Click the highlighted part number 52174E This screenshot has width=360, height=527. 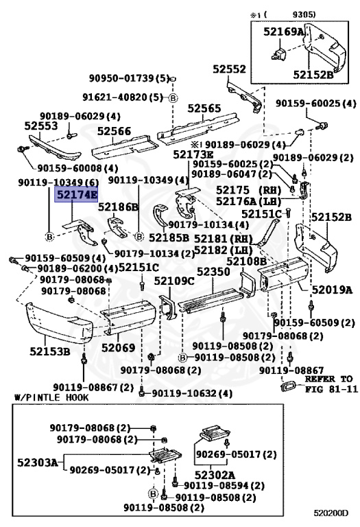pos(76,195)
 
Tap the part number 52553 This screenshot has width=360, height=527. pos(41,126)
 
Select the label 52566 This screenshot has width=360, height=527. pos(114,131)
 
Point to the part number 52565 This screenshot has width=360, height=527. pos(204,108)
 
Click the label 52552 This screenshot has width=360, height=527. pos(229,69)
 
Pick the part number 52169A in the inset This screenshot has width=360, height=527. pos(283,32)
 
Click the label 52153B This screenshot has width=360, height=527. pos(50,351)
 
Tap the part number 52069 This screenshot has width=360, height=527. pos(118,347)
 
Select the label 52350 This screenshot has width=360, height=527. pos(213,272)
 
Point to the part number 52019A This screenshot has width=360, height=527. pos(333,290)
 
